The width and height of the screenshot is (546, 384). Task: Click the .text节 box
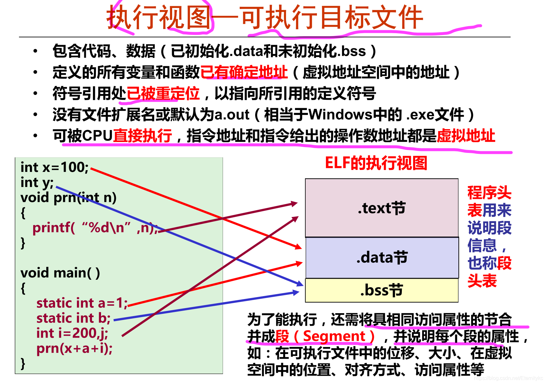pyautogui.click(x=382, y=208)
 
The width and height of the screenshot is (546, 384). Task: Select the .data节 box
pyautogui.click(x=382, y=258)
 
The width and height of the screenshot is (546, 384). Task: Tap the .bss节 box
pyautogui.click(x=382, y=290)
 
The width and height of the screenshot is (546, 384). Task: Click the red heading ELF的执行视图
pyautogui.click(x=376, y=163)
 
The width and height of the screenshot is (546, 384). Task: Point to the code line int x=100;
pyautogui.click(x=54, y=167)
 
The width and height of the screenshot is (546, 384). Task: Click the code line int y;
pyautogui.click(x=37, y=183)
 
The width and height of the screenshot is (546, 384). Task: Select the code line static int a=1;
pyautogui.click(x=82, y=303)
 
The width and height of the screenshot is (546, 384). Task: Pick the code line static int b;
pyautogui.click(x=73, y=318)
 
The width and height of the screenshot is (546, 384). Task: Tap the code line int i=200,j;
pyautogui.click(x=72, y=333)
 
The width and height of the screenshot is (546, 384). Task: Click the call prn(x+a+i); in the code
pyautogui.click(x=74, y=348)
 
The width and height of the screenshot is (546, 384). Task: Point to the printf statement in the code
pyautogui.click(x=95, y=228)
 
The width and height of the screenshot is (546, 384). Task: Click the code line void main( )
pyautogui.click(x=60, y=273)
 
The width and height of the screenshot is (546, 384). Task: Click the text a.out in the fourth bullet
pyautogui.click(x=232, y=115)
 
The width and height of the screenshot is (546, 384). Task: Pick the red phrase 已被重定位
pyautogui.click(x=163, y=94)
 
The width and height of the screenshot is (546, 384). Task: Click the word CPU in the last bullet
pyautogui.click(x=97, y=136)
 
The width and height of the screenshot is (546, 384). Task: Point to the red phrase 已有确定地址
pyautogui.click(x=244, y=72)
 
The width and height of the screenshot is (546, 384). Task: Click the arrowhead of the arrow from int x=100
pyautogui.click(x=299, y=247)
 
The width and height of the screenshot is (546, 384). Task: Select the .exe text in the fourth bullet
pyautogui.click(x=419, y=115)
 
